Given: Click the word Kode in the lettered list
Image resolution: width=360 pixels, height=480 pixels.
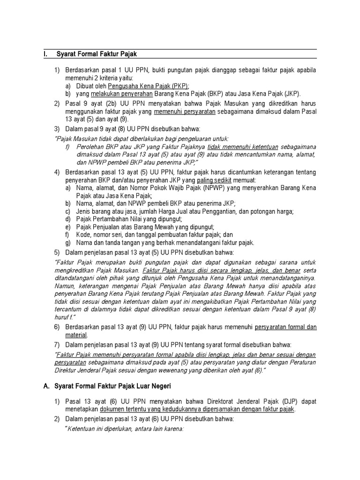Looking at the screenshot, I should (x=83, y=234).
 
